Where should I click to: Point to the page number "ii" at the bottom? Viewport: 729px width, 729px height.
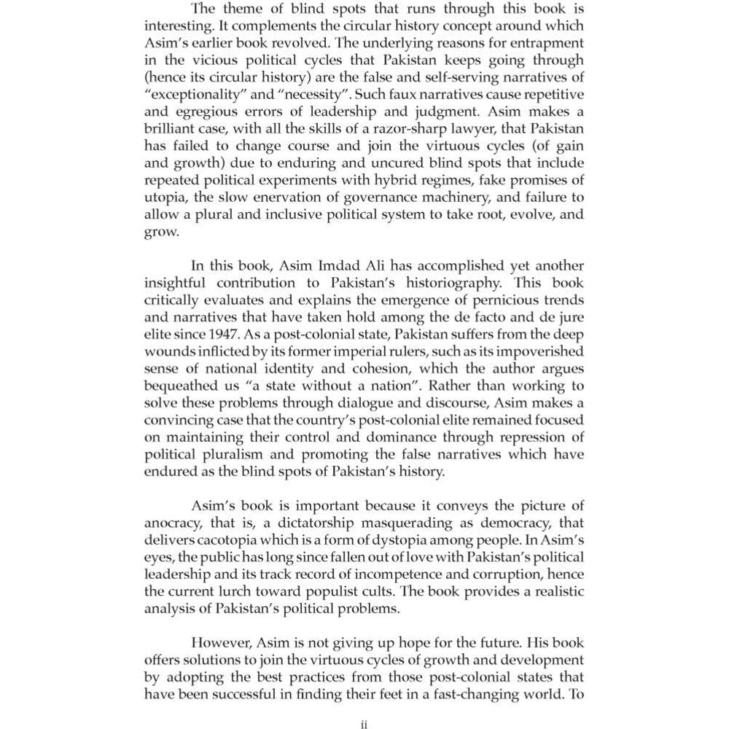(364, 724)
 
